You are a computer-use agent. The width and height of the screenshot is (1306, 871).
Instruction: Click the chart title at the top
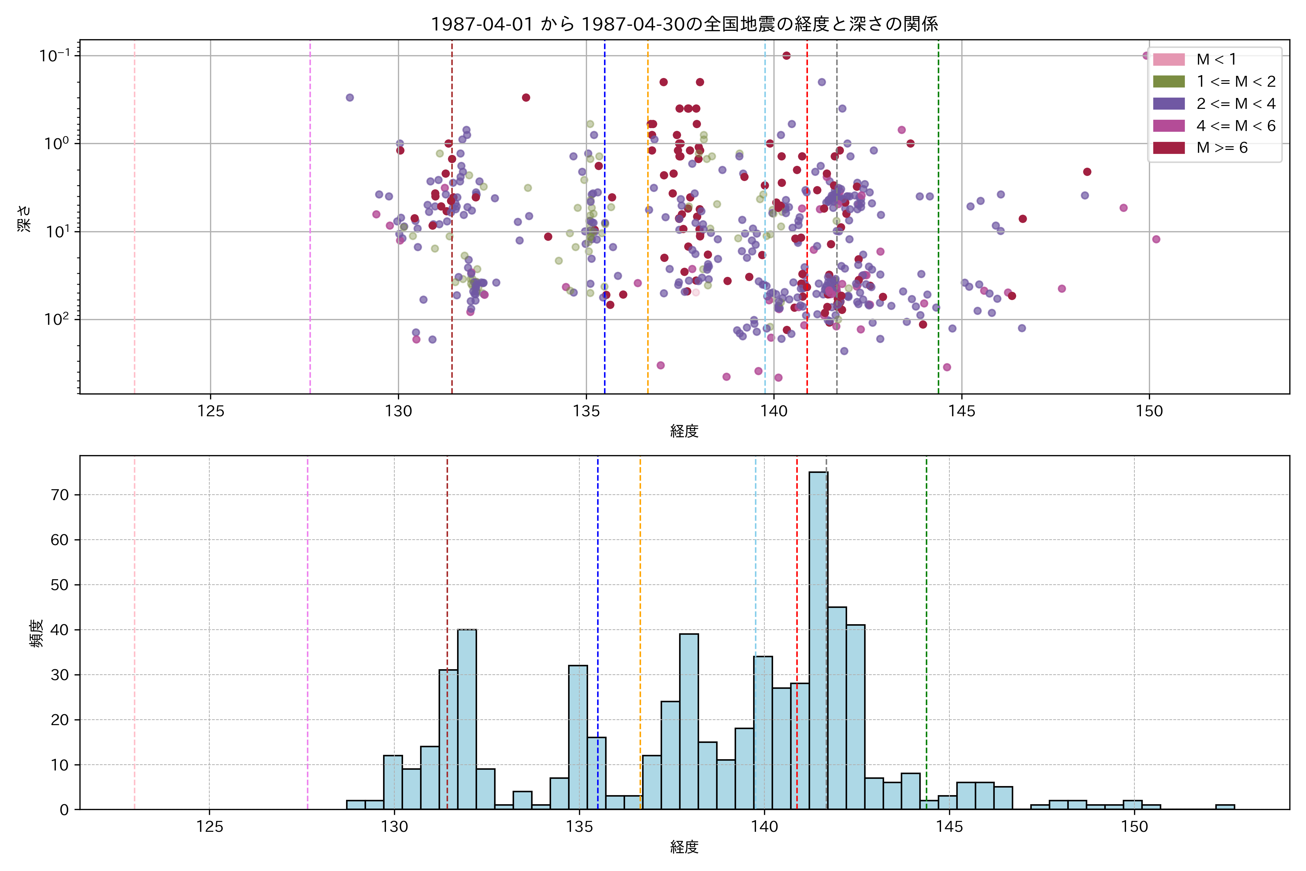coord(684,24)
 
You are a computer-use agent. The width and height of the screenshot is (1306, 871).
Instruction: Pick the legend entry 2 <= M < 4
coord(1236,104)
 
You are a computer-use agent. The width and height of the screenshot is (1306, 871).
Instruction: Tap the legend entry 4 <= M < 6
coord(1236,126)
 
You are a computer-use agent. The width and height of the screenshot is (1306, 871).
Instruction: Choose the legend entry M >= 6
coord(1221,148)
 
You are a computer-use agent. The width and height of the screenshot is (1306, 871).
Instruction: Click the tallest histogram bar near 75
coord(818,639)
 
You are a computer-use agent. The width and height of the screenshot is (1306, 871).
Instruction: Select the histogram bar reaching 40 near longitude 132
coord(467,719)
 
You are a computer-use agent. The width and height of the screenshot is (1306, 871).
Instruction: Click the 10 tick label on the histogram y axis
coord(60,765)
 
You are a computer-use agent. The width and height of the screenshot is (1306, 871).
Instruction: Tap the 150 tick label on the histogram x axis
coord(1134,827)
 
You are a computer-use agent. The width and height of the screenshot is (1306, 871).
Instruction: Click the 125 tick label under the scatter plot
coord(210,412)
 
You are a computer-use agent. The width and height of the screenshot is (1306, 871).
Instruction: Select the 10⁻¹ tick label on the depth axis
coord(54,56)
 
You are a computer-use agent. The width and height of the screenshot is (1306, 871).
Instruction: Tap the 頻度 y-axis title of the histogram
coord(36,633)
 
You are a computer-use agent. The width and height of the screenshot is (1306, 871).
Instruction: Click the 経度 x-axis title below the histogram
coord(684,847)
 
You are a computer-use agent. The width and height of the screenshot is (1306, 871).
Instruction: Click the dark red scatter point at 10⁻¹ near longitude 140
coord(786,56)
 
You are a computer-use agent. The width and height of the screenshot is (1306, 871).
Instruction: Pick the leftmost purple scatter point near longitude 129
coord(350,98)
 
